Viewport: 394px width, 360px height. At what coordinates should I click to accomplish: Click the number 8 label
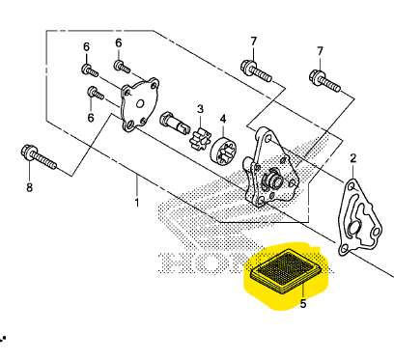click(29, 187)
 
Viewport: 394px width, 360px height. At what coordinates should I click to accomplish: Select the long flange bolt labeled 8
click(39, 157)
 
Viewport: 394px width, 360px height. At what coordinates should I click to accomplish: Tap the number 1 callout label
click(137, 203)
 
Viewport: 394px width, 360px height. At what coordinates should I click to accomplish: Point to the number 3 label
click(200, 109)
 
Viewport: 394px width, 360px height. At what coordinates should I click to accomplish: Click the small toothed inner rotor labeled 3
click(200, 138)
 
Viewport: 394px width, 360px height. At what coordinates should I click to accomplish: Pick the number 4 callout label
click(223, 119)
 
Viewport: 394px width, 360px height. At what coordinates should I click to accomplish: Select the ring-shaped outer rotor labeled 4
click(223, 152)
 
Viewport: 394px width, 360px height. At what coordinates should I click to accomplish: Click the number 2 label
click(353, 158)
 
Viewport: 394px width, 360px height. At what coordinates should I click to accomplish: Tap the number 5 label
click(303, 303)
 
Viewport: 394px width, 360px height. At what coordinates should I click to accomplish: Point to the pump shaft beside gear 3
click(174, 124)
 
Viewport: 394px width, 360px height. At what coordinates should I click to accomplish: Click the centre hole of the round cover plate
click(140, 103)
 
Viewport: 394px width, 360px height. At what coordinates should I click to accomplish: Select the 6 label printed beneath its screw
click(91, 118)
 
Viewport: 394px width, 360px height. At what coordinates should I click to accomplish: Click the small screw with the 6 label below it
click(96, 94)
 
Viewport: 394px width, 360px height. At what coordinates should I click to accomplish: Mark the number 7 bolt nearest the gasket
click(324, 81)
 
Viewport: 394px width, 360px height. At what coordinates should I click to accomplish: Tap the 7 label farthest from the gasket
click(254, 41)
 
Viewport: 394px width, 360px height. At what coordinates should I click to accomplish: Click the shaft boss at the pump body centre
click(272, 179)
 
